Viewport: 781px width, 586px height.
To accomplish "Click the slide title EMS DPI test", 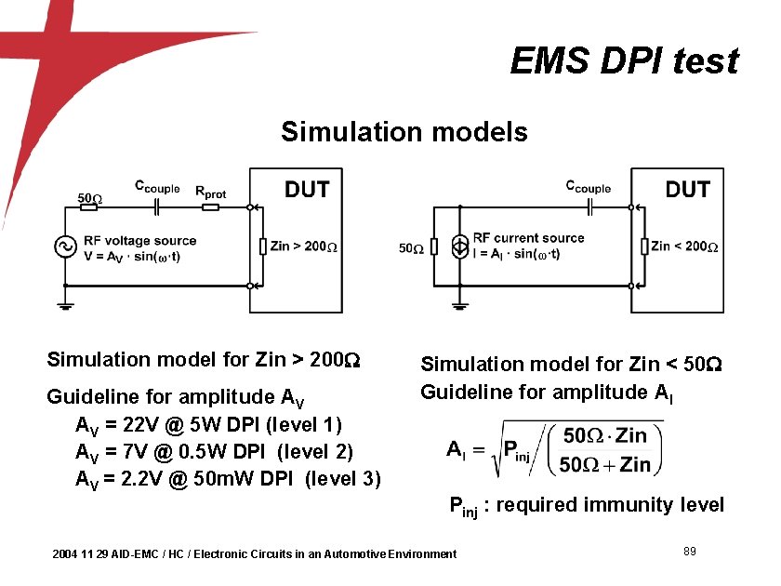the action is coord(624,61).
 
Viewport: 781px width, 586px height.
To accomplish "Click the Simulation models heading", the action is coord(404,132).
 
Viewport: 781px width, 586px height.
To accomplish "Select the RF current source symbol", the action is coord(458,246).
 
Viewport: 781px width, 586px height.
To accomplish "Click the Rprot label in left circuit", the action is coord(210,193).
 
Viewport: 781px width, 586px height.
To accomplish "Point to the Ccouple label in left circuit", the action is coord(157,186).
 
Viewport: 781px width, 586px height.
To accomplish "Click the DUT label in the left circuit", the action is coord(306,189).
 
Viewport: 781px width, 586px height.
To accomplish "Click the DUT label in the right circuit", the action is coord(687,189).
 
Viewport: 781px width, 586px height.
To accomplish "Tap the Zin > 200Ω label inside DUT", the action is coord(304,246).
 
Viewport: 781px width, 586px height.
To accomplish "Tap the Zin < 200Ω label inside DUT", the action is coord(684,246).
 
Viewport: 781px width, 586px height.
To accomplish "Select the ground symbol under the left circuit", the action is coord(64,304).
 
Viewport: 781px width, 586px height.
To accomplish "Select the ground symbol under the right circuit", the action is coord(458,301).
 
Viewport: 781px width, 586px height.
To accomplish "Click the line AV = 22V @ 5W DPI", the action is coord(208,426).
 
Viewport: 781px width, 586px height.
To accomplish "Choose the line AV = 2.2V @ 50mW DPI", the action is coord(227,480).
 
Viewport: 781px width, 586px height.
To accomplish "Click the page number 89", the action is coord(690,553).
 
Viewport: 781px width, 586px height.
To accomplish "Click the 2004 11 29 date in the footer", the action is coord(81,554).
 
